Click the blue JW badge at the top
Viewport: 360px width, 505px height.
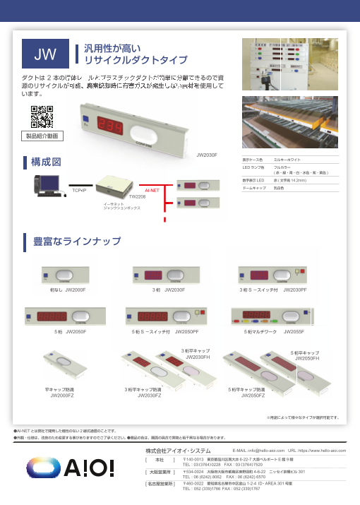46,53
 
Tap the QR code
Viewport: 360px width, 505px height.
42,115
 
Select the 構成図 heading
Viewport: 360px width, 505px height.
47,163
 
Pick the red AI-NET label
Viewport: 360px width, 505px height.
152,190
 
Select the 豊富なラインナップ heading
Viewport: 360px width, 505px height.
78,242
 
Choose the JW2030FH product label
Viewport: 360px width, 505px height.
198,357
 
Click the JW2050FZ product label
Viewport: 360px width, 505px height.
252,396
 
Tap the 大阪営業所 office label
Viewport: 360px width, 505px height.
160,471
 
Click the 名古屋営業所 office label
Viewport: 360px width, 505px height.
160,484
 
